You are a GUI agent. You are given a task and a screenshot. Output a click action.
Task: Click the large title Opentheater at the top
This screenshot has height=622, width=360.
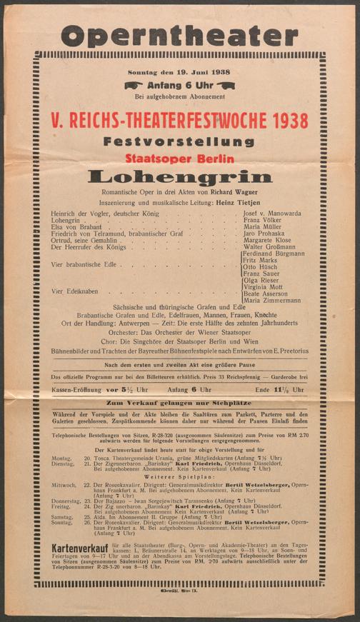tap(179, 35)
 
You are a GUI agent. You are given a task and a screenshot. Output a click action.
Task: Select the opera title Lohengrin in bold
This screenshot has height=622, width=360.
tap(179, 176)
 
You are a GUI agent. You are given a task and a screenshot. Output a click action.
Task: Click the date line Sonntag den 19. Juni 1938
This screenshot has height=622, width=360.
tap(179, 73)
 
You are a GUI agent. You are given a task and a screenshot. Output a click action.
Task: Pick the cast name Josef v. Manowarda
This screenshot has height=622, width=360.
tap(273, 214)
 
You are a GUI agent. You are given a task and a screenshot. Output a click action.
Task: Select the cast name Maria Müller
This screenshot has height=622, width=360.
tap(263, 228)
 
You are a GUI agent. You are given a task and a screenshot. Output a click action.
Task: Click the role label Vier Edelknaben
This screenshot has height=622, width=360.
tap(74, 291)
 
